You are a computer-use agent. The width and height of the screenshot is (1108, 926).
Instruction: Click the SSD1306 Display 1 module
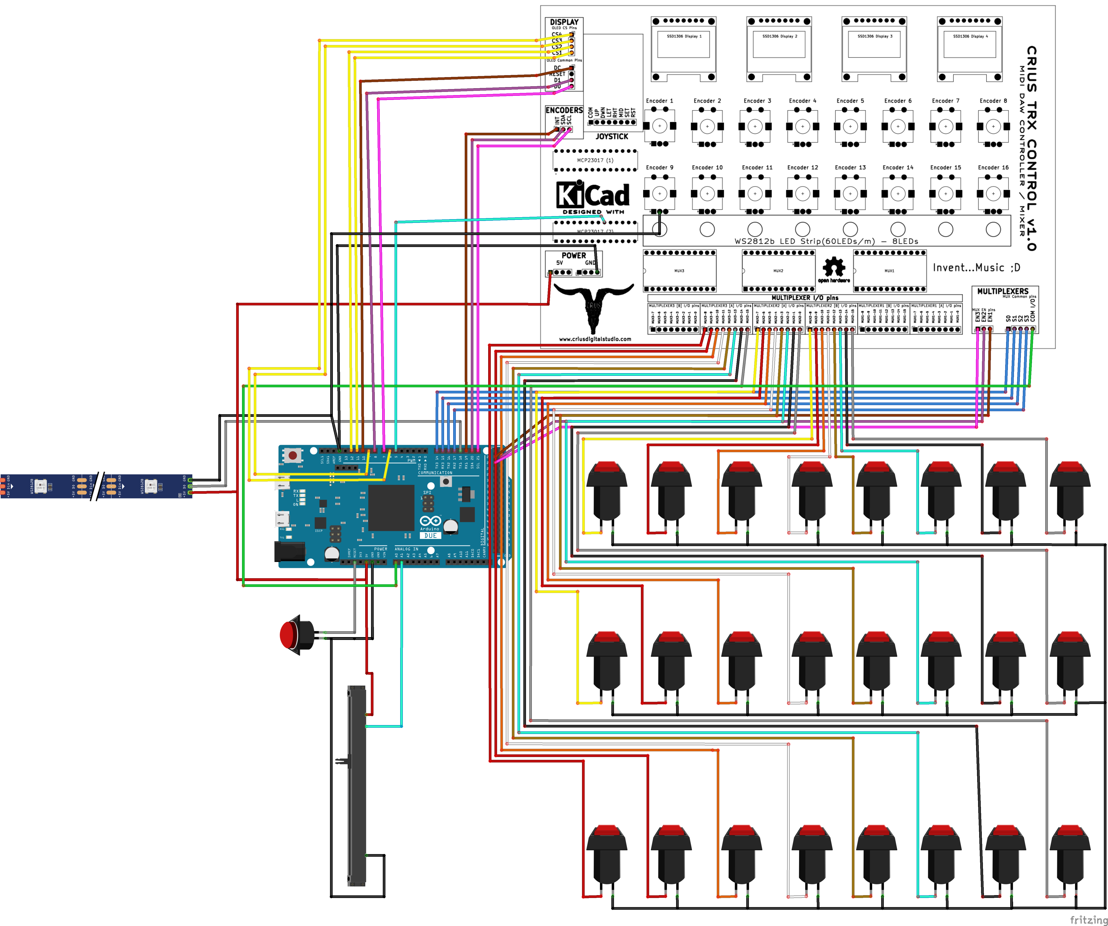[x=683, y=49]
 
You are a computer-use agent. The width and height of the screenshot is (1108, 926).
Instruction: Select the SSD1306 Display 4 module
[x=970, y=49]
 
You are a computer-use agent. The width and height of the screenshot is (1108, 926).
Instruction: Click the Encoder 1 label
[x=659, y=101]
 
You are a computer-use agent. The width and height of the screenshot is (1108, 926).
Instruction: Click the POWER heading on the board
[x=574, y=255]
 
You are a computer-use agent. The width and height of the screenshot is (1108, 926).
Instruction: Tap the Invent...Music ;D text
[x=976, y=267]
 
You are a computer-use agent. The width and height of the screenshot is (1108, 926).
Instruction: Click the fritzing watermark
[x=1088, y=920]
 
